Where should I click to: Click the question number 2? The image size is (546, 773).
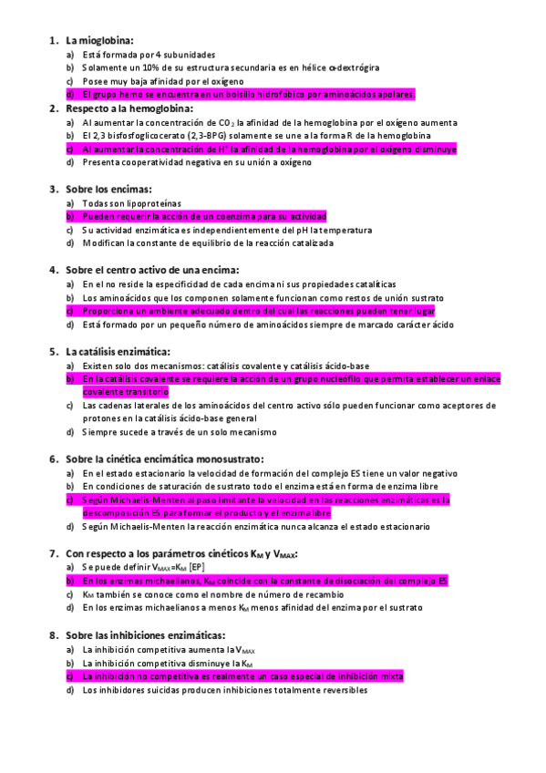coord(52,108)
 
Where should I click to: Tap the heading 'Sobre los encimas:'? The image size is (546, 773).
coord(113,190)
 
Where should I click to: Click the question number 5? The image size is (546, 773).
coord(52,351)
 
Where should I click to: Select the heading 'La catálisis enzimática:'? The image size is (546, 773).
coord(118,351)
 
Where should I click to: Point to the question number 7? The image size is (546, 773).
coord(52,553)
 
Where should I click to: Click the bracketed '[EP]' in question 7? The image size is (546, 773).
coord(191,567)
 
